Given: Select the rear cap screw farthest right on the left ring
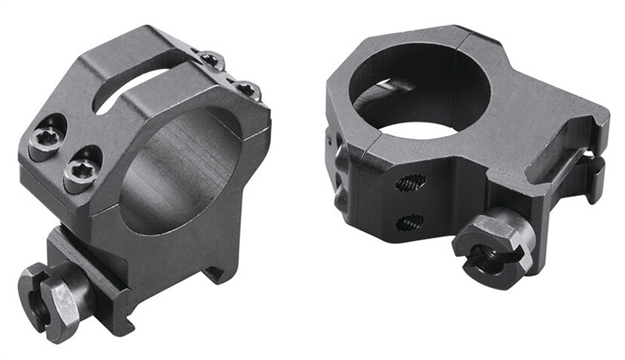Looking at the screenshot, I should tap(249, 91).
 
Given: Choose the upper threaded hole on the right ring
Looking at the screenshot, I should tap(411, 183).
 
